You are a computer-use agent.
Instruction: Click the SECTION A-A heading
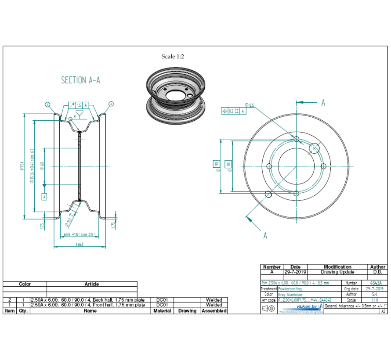click(x=80, y=80)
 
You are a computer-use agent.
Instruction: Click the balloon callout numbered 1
click(x=47, y=104)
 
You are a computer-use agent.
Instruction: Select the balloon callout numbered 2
click(x=111, y=104)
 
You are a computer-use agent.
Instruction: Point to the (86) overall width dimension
click(x=80, y=244)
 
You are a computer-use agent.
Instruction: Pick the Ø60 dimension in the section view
click(x=42, y=166)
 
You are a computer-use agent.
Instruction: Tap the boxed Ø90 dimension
click(x=216, y=165)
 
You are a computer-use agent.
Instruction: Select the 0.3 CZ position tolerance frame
click(x=233, y=112)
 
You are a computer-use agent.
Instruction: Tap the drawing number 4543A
click(x=376, y=283)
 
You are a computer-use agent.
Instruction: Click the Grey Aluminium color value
click(x=290, y=295)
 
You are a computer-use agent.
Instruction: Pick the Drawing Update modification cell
click(x=337, y=272)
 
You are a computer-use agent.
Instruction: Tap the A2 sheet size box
click(x=383, y=311)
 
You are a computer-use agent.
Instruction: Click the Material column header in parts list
click(x=162, y=311)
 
